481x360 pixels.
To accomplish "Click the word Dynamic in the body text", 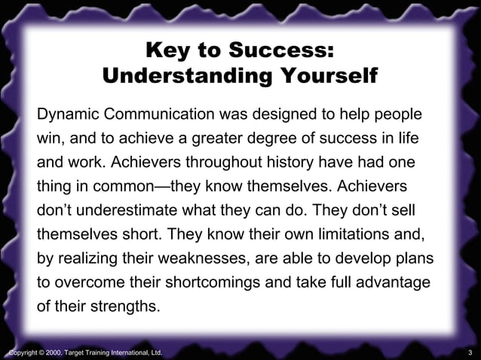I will click(69, 117).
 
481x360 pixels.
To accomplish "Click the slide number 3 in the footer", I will click(470, 352).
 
